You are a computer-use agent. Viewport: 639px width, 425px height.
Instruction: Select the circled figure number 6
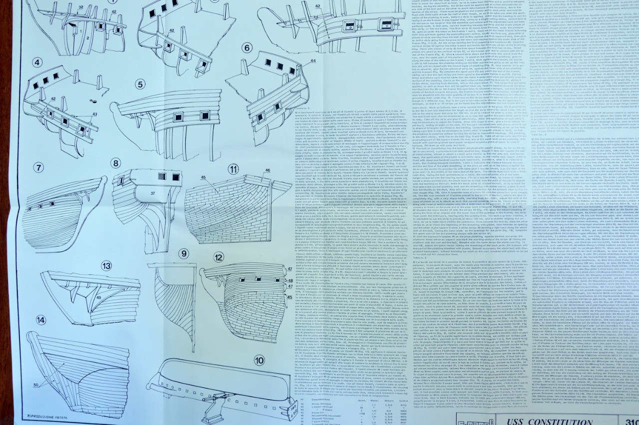(247, 48)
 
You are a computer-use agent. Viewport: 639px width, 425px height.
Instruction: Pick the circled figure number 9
(184, 254)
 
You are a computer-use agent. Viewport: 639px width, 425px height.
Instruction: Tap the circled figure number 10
(259, 361)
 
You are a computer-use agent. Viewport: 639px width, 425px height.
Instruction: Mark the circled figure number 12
(218, 258)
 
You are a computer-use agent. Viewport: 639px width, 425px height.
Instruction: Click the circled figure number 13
(106, 266)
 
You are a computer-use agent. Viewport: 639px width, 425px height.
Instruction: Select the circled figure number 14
(38, 320)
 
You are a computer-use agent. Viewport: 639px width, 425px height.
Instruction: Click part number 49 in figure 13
(99, 298)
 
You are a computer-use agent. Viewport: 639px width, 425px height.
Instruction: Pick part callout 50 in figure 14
(36, 384)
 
